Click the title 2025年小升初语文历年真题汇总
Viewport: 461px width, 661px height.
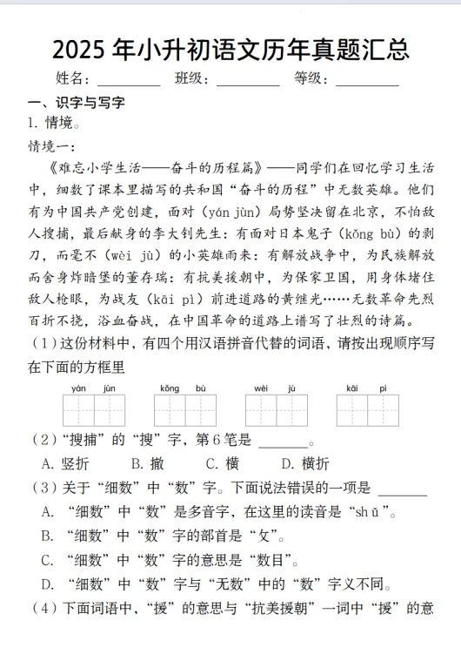[230, 49]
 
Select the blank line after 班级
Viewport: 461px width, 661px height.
[248, 79]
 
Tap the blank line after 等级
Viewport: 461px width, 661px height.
[367, 79]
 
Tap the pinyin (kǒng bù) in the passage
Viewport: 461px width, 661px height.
[357, 233]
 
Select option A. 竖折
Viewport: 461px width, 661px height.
[65, 463]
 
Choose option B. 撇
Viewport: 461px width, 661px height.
[148, 463]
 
